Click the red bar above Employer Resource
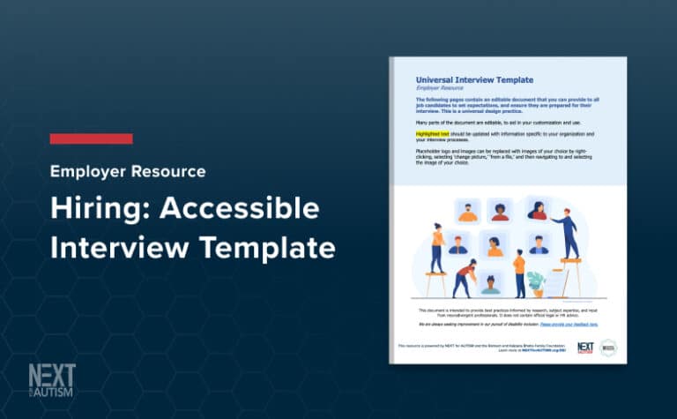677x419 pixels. coord(91,138)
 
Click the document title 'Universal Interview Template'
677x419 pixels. coord(473,79)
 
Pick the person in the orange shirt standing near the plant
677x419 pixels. coord(519,273)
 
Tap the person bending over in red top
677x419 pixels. coord(464,277)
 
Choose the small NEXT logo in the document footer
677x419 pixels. coord(584,348)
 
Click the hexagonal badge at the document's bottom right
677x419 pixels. coord(607,348)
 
